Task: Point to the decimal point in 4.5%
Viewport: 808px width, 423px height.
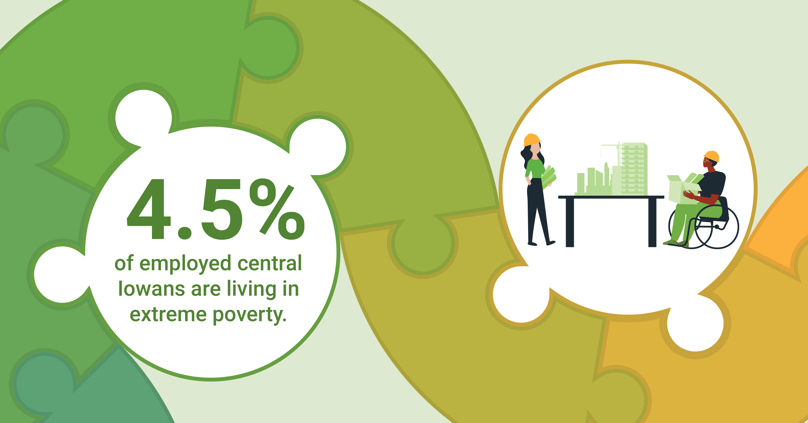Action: tap(184, 232)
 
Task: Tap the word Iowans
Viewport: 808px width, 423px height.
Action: tap(151, 289)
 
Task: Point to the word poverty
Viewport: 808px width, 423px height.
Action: tap(250, 316)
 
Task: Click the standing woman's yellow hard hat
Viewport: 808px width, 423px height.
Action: tap(532, 140)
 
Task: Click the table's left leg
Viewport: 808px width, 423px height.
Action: tap(570, 223)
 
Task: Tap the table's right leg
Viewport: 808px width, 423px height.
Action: tap(652, 223)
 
